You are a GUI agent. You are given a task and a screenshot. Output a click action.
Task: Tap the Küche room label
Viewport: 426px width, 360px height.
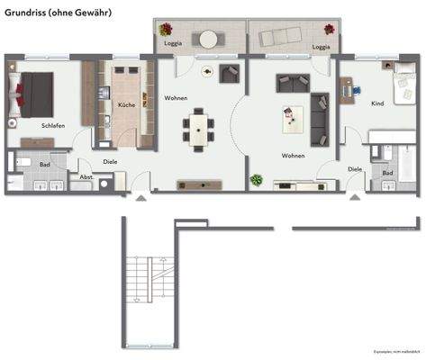[x=127, y=105]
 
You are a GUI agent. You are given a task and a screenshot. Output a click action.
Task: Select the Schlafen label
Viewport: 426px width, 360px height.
[x=52, y=126]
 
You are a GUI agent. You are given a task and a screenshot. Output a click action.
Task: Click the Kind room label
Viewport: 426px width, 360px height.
[x=377, y=103]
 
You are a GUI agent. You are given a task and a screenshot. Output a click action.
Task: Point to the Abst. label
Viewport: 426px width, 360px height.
[x=86, y=177]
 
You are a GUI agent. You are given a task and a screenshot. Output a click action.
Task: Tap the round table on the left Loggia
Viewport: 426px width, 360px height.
[x=209, y=39]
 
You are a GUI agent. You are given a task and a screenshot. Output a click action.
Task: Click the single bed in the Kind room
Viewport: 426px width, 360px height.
[x=403, y=85]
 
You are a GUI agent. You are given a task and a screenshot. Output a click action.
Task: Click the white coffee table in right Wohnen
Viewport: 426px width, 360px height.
[x=290, y=114]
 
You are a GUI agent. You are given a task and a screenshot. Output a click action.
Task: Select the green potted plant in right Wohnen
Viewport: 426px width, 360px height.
[x=257, y=180]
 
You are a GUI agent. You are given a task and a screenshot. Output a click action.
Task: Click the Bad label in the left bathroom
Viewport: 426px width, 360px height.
[x=45, y=166]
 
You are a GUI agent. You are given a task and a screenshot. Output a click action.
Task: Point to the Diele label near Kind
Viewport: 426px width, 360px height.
[x=355, y=168]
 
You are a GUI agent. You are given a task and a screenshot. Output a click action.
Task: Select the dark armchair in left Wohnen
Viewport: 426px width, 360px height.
[x=228, y=74]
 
